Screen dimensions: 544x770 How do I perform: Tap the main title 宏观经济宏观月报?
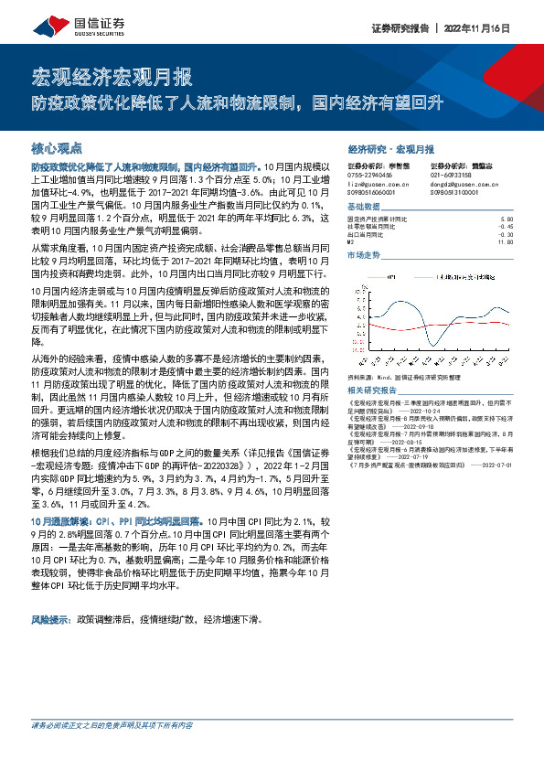112,75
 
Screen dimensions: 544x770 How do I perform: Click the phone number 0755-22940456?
370,174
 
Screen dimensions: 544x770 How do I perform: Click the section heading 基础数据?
366,208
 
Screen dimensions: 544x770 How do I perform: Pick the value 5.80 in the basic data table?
508,220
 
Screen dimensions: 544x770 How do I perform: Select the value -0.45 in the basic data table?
507,228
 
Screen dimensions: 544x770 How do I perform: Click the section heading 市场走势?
366,256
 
